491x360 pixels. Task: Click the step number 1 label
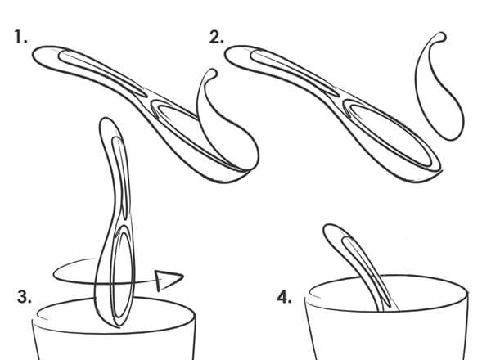tap(20, 37)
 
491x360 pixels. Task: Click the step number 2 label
tap(216, 38)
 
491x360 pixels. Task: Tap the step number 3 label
tap(24, 297)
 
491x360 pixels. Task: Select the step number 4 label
tap(284, 297)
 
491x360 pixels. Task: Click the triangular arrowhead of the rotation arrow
tap(169, 280)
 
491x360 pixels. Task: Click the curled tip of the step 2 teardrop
tap(442, 36)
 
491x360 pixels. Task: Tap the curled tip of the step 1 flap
tap(213, 74)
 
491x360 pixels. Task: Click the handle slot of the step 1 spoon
tap(101, 73)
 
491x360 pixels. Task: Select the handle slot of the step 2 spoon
tap(295, 73)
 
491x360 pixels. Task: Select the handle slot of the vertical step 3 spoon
tap(120, 175)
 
